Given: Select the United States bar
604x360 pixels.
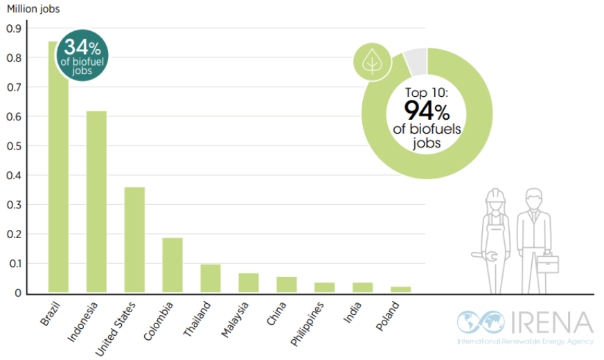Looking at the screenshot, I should point(134,240).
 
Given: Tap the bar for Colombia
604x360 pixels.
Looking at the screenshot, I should point(172,265).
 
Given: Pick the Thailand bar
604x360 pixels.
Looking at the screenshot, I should point(211,278).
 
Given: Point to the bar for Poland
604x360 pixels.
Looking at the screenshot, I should point(400,289).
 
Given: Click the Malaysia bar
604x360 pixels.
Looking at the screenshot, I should point(249,282).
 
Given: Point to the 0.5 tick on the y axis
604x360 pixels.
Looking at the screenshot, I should point(15,146).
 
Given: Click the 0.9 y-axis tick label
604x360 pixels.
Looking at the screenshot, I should point(15,28).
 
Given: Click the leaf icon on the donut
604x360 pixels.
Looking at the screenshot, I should point(373,62).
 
